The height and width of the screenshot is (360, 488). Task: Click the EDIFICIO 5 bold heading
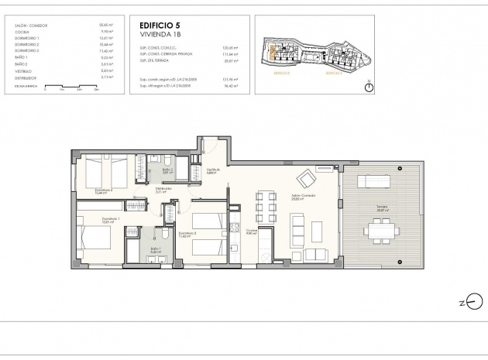[x=156, y=26]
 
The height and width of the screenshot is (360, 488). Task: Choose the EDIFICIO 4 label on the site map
[x=333, y=72]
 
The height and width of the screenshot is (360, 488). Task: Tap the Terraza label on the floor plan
[x=377, y=207]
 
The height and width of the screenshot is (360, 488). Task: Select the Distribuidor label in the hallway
[x=163, y=188]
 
